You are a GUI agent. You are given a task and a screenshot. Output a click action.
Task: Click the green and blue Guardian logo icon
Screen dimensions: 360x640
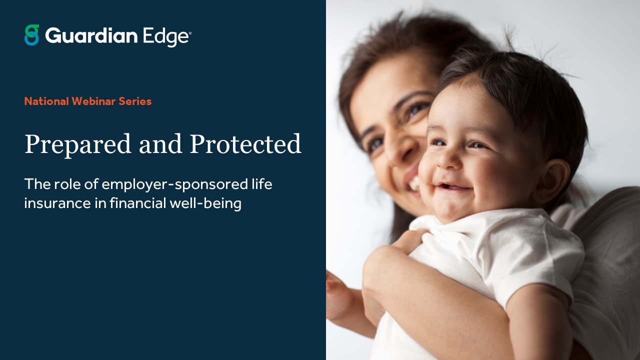pyautogui.click(x=31, y=35)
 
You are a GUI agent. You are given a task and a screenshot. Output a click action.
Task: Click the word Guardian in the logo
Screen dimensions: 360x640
pyautogui.click(x=91, y=35)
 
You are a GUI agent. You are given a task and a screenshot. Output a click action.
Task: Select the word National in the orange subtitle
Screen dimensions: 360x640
pyautogui.click(x=46, y=101)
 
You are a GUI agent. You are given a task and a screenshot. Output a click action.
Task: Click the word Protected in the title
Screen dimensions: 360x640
pyautogui.click(x=245, y=145)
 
